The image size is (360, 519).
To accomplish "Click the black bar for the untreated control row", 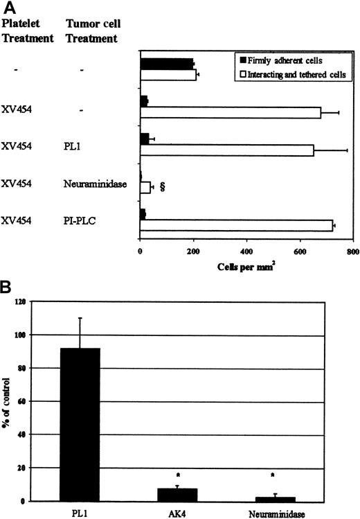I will tap(166, 64).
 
